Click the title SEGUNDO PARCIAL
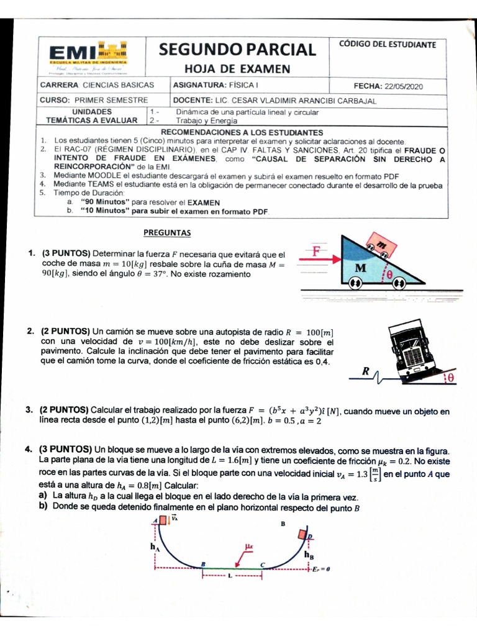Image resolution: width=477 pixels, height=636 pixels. pyautogui.click(x=237, y=49)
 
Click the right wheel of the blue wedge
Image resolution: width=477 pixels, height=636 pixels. pyautogui.click(x=399, y=283)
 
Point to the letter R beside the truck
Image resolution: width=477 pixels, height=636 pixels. pyautogui.click(x=366, y=371)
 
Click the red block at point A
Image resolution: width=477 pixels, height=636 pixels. pyautogui.click(x=162, y=520)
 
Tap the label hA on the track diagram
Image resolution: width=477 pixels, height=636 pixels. pyautogui.click(x=154, y=547)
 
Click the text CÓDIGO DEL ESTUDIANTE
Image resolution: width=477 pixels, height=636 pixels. pyautogui.click(x=388, y=45)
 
